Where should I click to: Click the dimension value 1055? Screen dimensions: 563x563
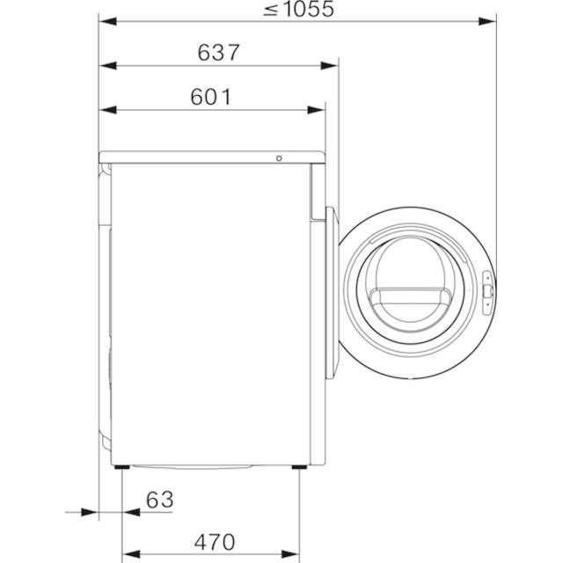[x=310, y=9]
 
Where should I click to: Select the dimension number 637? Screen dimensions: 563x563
[x=218, y=53]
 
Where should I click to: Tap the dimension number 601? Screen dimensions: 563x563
[x=211, y=97]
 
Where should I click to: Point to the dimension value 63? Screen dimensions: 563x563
[x=160, y=500]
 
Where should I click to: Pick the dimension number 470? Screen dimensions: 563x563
[x=215, y=542]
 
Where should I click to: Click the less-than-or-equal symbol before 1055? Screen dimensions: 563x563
[x=271, y=10]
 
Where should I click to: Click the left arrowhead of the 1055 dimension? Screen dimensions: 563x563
[x=107, y=21]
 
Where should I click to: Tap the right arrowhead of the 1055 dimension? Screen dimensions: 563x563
[x=487, y=21]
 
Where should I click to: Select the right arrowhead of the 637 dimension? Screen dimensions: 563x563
[x=329, y=66]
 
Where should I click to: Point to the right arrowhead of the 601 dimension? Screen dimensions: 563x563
[x=317, y=110]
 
